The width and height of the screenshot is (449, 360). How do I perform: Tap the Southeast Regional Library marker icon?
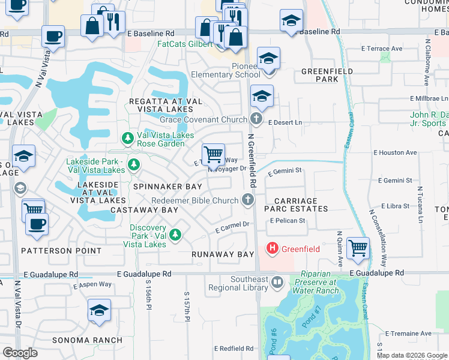277,281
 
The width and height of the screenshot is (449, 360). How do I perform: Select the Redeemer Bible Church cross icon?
247,200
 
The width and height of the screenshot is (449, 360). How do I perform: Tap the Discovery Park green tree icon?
175,234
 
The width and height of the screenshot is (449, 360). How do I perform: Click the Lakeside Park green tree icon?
133,164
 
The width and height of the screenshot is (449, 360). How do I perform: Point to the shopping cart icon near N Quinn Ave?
358,247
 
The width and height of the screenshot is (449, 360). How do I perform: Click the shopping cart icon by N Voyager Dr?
213,154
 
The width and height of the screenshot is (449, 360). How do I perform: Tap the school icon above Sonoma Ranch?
99,310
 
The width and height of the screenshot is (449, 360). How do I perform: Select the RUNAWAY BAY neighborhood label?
223,255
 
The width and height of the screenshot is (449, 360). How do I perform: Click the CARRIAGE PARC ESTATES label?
301,205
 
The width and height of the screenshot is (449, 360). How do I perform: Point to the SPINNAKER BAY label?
159,187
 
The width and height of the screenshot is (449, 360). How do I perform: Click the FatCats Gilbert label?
184,44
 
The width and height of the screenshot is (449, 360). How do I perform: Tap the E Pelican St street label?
288,221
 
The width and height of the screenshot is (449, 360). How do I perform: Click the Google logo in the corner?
20,353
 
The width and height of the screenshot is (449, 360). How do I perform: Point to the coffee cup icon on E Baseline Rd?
53,36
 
